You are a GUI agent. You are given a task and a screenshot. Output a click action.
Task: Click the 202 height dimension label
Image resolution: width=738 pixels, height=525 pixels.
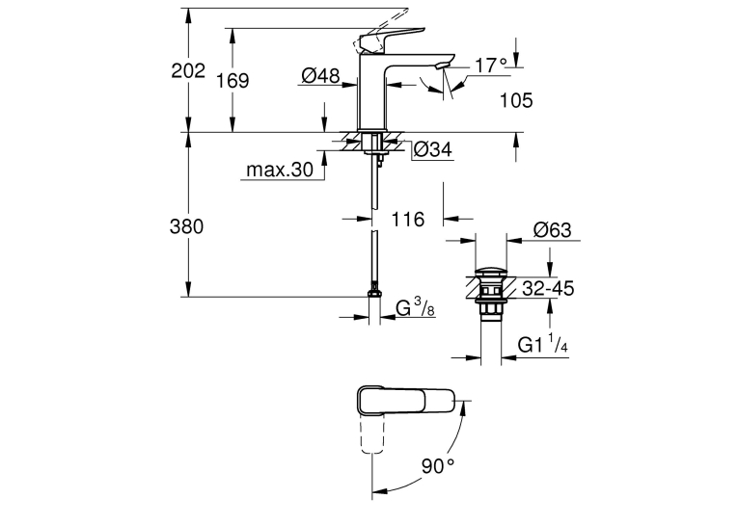pos(188,71)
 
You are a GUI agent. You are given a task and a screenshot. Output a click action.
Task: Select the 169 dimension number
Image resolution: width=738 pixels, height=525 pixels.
pos(232,81)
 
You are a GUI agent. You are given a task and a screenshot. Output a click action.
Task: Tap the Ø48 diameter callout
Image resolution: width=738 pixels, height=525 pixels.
pos(320,75)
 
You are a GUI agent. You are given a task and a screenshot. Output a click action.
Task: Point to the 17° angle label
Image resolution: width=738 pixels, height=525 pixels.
pos(491,66)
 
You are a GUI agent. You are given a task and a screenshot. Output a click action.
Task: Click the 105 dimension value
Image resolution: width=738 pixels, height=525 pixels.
pos(516,100)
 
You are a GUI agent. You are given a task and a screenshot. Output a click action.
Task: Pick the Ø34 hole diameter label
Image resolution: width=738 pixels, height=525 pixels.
pos(432,149)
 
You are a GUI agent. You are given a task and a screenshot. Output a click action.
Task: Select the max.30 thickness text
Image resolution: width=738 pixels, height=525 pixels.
pos(280,170)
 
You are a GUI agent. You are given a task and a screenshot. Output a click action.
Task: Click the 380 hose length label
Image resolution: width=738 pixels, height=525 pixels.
pos(187,226)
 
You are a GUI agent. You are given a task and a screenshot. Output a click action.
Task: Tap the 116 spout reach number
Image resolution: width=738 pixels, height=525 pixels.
pos(408,219)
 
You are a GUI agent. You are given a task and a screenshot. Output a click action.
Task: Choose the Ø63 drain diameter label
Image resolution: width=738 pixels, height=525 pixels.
pos(552,230)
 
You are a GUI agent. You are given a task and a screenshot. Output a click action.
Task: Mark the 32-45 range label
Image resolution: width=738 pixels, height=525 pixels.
pos(548,288)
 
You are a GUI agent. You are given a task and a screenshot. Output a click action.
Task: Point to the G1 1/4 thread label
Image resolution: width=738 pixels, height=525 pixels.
pos(543,344)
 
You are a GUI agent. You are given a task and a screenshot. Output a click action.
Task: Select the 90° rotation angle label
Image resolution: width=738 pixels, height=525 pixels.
pos(438,466)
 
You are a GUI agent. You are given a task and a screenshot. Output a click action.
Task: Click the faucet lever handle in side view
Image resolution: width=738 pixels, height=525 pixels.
pos(391,39)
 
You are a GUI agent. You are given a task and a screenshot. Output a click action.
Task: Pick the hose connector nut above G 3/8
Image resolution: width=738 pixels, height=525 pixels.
pos(374,293)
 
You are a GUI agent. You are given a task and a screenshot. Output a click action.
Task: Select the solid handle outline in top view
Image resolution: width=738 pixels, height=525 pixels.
pos(405,401)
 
